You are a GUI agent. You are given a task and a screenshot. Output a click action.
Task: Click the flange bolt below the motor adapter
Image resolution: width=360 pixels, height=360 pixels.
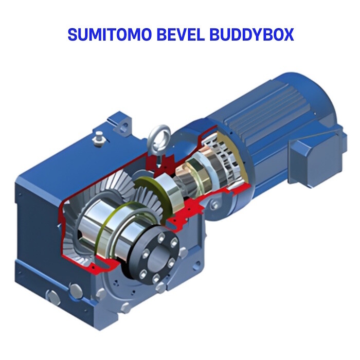pos(212,206)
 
